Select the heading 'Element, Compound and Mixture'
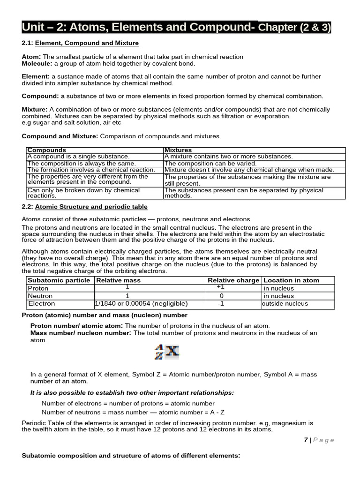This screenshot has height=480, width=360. pyautogui.click(x=87, y=43)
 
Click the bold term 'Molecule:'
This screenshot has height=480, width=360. pyautogui.click(x=37, y=63)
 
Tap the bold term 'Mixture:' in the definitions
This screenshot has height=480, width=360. pyautogui.click(x=35, y=109)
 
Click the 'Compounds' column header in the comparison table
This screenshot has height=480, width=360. pyautogui.click(x=46, y=150)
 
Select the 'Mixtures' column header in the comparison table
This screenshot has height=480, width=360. pyautogui.click(x=178, y=150)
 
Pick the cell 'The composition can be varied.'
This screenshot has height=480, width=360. pyautogui.click(x=210, y=163)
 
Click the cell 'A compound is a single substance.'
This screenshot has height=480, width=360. pyautogui.click(x=78, y=157)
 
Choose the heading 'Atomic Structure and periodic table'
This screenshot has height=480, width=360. pyautogui.click(x=91, y=207)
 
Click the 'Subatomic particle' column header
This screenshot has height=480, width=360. pyautogui.click(x=59, y=280)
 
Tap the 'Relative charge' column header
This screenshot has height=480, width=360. pyautogui.click(x=233, y=280)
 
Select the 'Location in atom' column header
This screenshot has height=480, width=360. pyautogui.click(x=291, y=280)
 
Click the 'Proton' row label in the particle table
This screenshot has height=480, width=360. pyautogui.click(x=38, y=288)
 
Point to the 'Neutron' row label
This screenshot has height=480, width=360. pyautogui.click(x=40, y=296)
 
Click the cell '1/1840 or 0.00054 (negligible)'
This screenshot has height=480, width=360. pyautogui.click(x=141, y=303)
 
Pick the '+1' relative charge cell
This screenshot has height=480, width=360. pyautogui.click(x=221, y=287)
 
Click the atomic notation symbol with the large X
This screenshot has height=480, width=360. pyautogui.click(x=167, y=352)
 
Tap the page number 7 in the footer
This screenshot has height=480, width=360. pyautogui.click(x=306, y=440)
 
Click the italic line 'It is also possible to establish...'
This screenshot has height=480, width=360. pyautogui.click(x=132, y=392)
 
